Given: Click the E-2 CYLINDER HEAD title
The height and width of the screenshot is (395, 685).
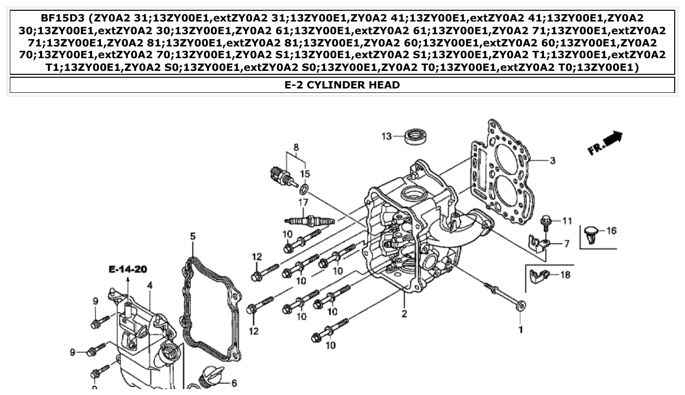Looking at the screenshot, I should click(342, 85).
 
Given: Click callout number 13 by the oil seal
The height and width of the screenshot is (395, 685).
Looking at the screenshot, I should click(387, 136).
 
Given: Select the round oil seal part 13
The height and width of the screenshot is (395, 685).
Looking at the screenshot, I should click(416, 135).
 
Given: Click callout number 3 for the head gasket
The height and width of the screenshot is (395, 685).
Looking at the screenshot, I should click(552, 160).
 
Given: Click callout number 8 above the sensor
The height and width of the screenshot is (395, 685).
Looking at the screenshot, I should click(296, 147).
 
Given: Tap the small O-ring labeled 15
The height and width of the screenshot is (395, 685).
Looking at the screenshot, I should click(304, 189).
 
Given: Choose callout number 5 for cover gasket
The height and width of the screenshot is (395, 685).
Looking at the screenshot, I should click(193, 237).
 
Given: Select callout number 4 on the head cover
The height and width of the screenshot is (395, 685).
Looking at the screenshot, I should click(149, 285).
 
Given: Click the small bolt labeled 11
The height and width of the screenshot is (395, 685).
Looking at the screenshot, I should click(545, 223).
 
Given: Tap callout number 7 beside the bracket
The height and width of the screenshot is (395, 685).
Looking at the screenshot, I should click(567, 243).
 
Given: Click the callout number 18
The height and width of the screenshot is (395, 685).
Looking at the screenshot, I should click(565, 275).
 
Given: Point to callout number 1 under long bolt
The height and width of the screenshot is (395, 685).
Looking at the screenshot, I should click(520, 330).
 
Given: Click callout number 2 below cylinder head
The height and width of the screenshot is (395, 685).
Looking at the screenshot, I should click(404, 314).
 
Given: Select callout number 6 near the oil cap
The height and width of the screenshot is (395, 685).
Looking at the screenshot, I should click(234, 384).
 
